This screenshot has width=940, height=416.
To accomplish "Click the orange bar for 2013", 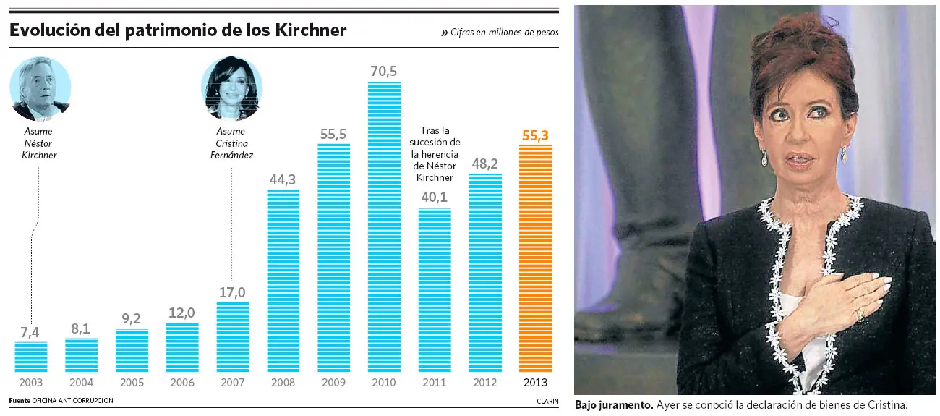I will tap(535, 258).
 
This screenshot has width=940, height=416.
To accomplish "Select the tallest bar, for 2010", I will tap(384, 226).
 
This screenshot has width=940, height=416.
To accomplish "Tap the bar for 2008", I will tap(283, 281).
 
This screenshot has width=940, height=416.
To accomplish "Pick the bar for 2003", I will tap(31, 357).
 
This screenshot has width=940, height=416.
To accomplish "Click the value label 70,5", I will tap(384, 71).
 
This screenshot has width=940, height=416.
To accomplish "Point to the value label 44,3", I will tap(283, 179).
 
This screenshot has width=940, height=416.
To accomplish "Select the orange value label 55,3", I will tap(535, 135).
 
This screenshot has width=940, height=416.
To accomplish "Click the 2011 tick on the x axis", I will tap(435, 383).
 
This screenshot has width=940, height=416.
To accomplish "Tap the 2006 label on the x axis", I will tap(182, 383).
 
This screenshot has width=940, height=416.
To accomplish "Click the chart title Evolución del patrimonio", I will tap(178, 30).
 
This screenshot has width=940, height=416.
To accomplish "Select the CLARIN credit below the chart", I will tap(547, 400).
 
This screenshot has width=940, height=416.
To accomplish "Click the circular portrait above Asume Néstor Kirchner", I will tap(40, 88).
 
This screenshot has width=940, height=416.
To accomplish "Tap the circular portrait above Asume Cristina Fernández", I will tap(231, 88).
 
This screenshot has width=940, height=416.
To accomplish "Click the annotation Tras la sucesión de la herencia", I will tap(435, 154).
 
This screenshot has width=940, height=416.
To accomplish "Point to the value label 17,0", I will tap(232, 292).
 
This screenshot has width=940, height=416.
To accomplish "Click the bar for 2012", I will tap(485, 273).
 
